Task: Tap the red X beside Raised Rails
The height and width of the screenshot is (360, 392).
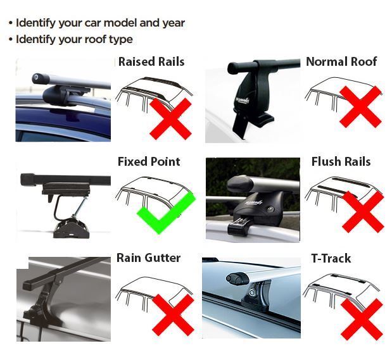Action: (170, 118)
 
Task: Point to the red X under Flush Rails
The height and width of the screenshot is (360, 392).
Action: (362, 211)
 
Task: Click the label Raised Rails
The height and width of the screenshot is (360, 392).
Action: (151, 61)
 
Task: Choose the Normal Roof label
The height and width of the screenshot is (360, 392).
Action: (341, 61)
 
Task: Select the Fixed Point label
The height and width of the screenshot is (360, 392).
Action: (149, 161)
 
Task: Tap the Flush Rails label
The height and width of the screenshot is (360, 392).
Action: (341, 161)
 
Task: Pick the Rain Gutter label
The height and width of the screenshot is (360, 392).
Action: (148, 258)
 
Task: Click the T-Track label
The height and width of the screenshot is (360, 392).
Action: (331, 258)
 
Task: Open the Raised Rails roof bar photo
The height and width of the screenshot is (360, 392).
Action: (64, 99)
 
